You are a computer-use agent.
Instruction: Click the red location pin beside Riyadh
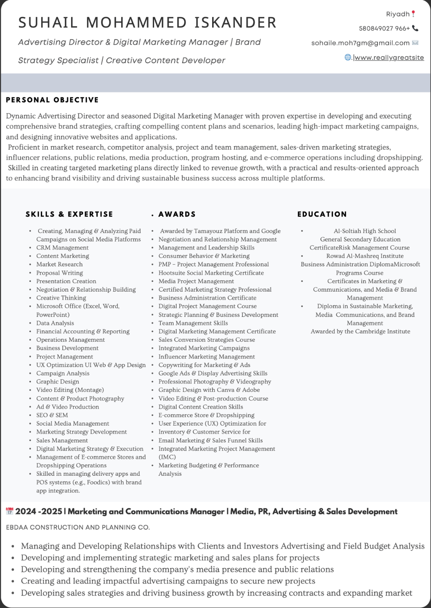click(413, 14)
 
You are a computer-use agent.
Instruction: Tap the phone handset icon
click(415, 28)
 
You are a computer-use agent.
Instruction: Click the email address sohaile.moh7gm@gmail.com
click(360, 43)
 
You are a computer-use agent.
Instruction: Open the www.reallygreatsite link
click(389, 58)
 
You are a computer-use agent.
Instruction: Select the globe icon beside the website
click(348, 57)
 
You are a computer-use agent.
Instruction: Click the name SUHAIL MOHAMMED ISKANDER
click(147, 22)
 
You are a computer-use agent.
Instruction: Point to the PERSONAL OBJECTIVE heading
click(52, 100)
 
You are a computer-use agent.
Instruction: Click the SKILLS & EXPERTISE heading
click(69, 214)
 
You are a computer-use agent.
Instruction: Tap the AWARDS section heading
click(177, 214)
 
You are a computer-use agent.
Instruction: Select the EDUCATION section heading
click(322, 214)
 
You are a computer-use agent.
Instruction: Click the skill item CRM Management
click(62, 248)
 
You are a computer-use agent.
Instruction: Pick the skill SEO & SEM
click(52, 415)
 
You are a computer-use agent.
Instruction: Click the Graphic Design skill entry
click(58, 382)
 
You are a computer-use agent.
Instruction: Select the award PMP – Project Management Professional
click(213, 264)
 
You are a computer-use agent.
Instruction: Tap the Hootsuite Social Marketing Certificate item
click(211, 273)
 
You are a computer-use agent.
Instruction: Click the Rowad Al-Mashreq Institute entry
click(365, 256)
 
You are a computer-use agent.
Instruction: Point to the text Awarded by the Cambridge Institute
click(360, 331)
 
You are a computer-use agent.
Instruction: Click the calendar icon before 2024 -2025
click(10, 512)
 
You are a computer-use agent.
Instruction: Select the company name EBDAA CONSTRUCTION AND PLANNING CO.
click(78, 528)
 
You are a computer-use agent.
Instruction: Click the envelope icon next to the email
click(415, 43)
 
